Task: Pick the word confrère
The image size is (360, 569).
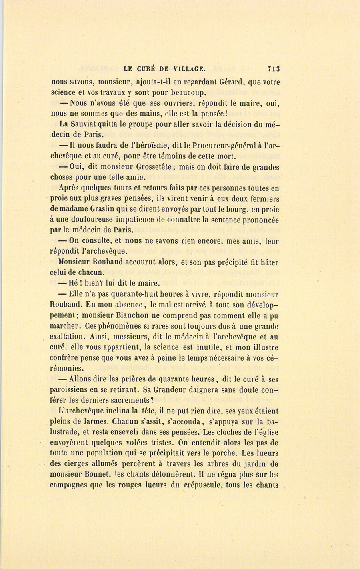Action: [66, 358]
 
